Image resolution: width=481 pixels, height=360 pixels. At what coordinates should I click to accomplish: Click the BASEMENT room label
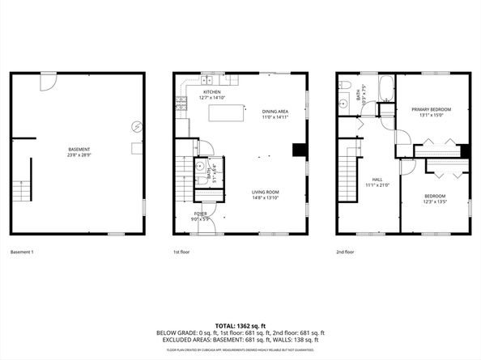(x=79, y=149)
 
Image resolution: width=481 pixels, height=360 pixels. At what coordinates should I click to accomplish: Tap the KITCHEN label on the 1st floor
(x=212, y=92)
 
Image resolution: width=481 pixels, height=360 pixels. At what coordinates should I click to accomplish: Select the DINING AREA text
(x=275, y=112)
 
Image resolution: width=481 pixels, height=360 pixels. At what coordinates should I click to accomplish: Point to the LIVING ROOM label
(x=266, y=192)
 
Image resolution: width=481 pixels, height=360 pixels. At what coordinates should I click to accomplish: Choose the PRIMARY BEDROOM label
(x=431, y=109)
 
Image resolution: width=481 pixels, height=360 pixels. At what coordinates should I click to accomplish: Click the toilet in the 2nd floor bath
(x=345, y=85)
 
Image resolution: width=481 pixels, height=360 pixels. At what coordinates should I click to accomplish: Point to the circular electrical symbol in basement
(x=137, y=126)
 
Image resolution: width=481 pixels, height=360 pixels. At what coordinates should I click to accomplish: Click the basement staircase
(x=21, y=181)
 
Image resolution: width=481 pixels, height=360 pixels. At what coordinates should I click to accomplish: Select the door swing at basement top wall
(x=49, y=82)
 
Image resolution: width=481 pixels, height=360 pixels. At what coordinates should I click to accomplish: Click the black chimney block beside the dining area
(x=300, y=150)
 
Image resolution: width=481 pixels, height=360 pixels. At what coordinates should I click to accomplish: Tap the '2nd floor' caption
(x=346, y=252)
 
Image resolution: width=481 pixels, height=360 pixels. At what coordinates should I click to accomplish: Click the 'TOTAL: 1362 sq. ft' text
(x=240, y=324)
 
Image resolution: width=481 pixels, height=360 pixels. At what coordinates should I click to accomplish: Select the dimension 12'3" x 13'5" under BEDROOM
(x=434, y=201)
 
